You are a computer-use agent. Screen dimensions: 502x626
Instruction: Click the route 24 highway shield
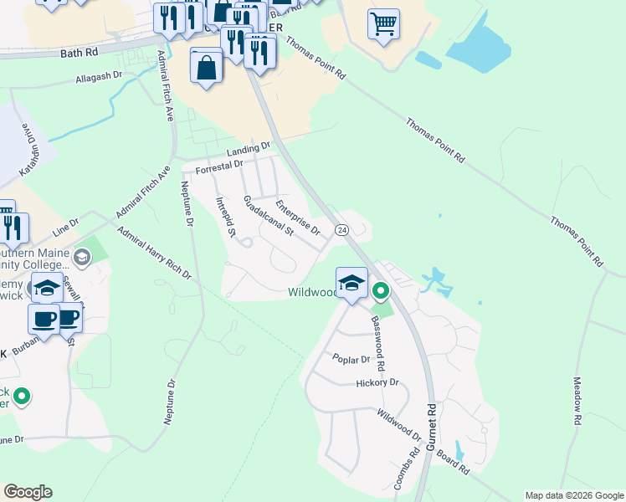[341, 229]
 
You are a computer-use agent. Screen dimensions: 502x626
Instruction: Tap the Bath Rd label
[80, 52]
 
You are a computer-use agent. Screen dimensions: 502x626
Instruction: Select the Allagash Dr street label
[99, 75]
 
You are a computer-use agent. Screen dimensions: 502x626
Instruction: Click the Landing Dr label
[249, 149]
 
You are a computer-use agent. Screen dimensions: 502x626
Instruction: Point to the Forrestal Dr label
[218, 168]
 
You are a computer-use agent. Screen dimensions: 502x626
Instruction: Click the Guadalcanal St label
[266, 216]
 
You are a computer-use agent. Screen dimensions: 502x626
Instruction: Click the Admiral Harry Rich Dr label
[154, 253]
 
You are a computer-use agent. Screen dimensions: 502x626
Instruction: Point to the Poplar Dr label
[351, 359]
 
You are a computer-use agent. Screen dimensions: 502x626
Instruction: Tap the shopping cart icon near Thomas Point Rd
[383, 24]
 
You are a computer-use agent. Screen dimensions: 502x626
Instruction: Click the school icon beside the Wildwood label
[352, 283]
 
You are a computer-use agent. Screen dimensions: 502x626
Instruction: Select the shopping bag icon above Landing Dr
[206, 66]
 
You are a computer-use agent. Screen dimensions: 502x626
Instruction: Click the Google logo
[28, 492]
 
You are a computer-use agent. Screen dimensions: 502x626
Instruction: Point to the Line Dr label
[64, 227]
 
